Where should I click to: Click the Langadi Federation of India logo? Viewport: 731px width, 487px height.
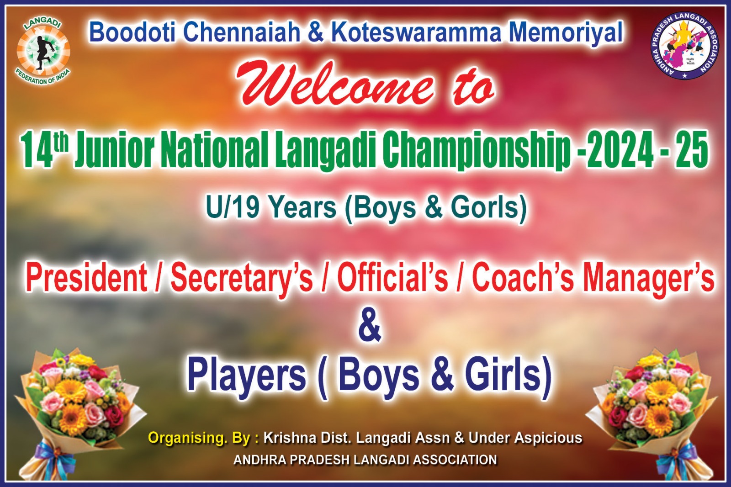pos(43,52)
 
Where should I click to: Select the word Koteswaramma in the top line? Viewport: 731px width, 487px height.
pos(415,32)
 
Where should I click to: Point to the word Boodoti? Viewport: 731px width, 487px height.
pos(132,32)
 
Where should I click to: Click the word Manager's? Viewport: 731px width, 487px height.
pos(645,280)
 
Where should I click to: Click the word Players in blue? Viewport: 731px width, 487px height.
pos(247,377)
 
